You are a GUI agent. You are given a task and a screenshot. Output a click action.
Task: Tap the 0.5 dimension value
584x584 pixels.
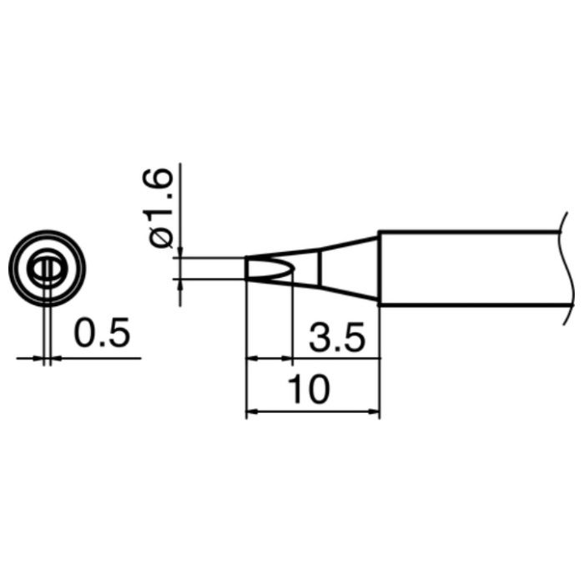pos(102,332)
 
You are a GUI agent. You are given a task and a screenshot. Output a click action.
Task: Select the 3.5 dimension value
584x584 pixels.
pos(337,338)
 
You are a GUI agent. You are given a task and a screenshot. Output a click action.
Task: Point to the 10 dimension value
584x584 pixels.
pos(309,390)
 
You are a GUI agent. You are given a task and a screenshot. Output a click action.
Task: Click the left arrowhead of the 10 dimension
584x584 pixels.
pos(251,412)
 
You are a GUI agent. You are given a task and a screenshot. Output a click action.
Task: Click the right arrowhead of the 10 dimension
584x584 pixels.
pos(375,412)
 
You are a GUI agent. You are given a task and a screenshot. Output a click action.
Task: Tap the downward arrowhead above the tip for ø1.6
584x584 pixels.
pos(181,252)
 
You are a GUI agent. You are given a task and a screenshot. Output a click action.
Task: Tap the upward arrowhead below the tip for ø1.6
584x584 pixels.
pos(181,284)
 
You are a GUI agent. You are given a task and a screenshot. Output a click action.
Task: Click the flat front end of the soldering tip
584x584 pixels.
pos(247,268)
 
